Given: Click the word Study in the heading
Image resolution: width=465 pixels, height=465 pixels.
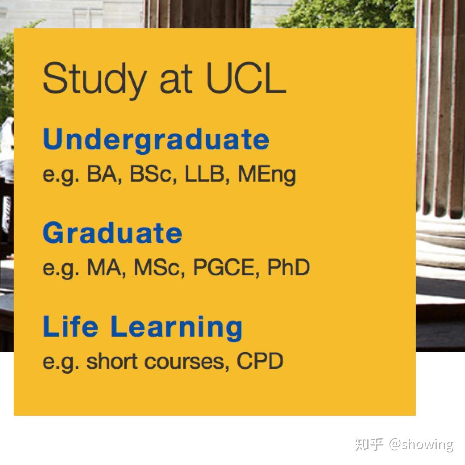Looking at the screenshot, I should [x=93, y=79].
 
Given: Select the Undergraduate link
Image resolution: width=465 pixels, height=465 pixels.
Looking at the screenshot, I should [x=156, y=140].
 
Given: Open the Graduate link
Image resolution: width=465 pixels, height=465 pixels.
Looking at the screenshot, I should [x=112, y=233].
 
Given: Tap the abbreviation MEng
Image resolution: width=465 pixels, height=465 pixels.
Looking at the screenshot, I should [x=267, y=175].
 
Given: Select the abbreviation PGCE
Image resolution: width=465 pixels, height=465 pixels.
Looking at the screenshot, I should [x=226, y=267].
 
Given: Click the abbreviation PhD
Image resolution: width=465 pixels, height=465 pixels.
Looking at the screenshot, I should [x=288, y=267].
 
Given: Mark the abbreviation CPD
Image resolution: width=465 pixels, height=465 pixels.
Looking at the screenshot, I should [x=260, y=361].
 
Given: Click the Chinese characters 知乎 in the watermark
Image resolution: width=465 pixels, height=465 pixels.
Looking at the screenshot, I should [x=369, y=444].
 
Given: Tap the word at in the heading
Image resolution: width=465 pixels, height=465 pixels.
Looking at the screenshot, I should [x=175, y=79].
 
